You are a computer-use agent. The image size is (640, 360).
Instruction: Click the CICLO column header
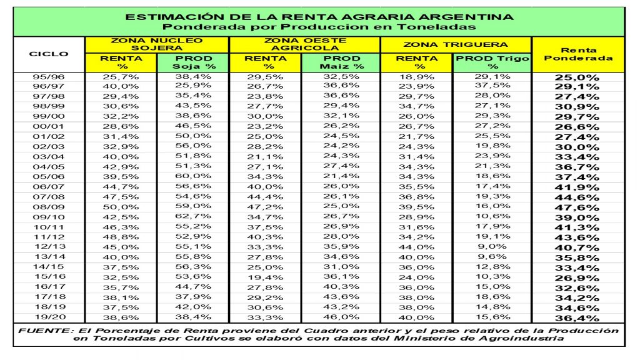click(49, 54)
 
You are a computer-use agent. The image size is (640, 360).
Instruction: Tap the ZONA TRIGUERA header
click(456, 45)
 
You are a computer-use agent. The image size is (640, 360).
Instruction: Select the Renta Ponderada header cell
click(577, 54)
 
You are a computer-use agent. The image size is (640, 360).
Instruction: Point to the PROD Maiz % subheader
click(341, 62)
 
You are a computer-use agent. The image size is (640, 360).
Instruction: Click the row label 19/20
click(49, 317)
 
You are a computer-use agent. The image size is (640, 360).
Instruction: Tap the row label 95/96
click(49, 76)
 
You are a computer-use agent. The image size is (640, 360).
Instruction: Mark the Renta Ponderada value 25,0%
click(578, 77)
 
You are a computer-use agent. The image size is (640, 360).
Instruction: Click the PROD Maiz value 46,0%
click(341, 317)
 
